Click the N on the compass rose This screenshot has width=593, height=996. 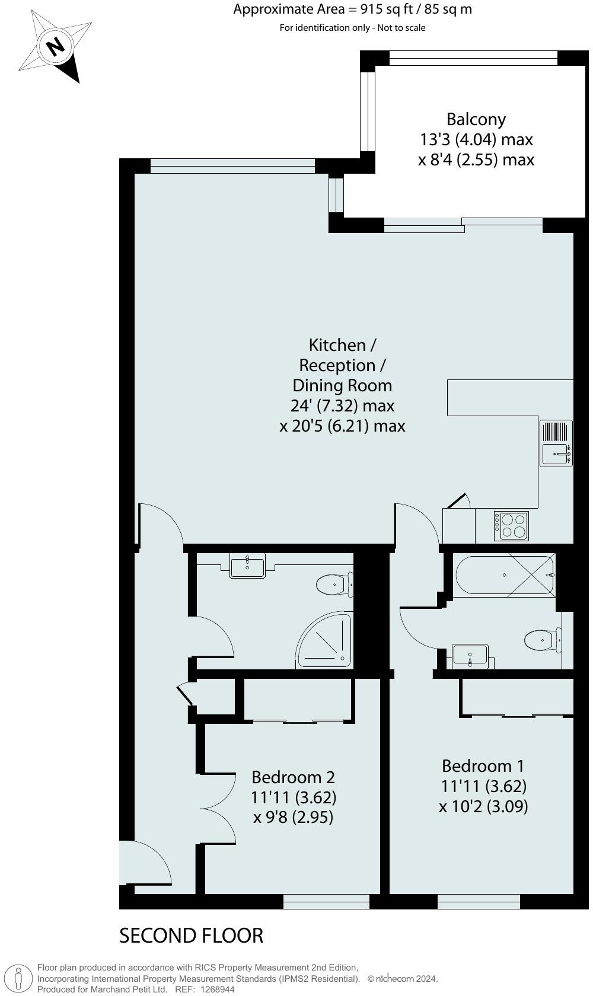click(56, 46)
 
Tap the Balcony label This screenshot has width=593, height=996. click(476, 119)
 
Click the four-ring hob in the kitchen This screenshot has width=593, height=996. click(511, 526)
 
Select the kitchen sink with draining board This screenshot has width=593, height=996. click(556, 443)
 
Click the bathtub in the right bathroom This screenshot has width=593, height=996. click(504, 575)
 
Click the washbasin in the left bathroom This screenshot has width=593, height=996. click(247, 566)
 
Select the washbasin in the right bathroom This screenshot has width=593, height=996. click(470, 656)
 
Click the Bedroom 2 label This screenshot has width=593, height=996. click(293, 777)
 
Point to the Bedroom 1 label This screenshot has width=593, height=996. click(483, 766)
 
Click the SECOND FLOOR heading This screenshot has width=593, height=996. click(191, 936)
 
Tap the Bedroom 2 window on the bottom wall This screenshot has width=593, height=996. click(326, 902)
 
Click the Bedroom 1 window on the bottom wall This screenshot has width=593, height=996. click(479, 902)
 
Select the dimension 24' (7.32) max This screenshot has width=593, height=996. click(342, 406)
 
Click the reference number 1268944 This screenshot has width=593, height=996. click(217, 989)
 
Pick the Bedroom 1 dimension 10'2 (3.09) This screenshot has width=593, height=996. click(483, 806)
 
